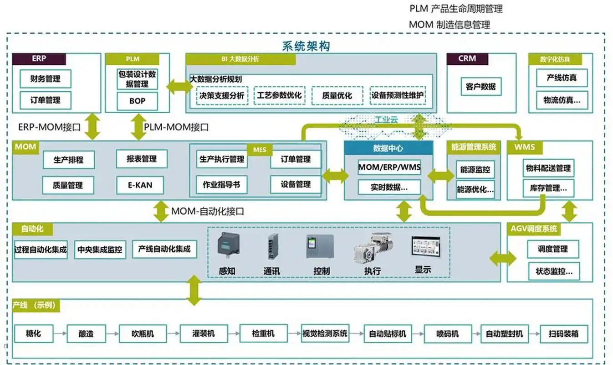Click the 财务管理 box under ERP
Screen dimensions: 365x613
(x=46, y=79)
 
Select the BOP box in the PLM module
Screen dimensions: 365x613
(x=137, y=101)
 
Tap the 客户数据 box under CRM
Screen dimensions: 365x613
(x=480, y=86)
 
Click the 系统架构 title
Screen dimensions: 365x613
(x=306, y=46)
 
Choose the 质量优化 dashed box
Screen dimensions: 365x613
(x=337, y=96)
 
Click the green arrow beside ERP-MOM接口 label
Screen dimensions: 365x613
(x=93, y=126)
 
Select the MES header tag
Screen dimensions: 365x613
(x=260, y=149)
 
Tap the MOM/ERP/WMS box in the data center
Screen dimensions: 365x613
(x=389, y=167)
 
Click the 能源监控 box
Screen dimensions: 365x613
(x=475, y=169)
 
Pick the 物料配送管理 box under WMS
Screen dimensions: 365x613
(x=547, y=168)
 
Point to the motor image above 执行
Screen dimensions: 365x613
(x=373, y=248)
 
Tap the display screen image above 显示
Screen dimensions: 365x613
(x=426, y=248)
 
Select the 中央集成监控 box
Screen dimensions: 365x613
(x=100, y=250)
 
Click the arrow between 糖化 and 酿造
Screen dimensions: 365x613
(x=60, y=334)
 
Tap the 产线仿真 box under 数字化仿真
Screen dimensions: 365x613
(x=562, y=78)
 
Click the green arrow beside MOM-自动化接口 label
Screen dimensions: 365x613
(x=161, y=211)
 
